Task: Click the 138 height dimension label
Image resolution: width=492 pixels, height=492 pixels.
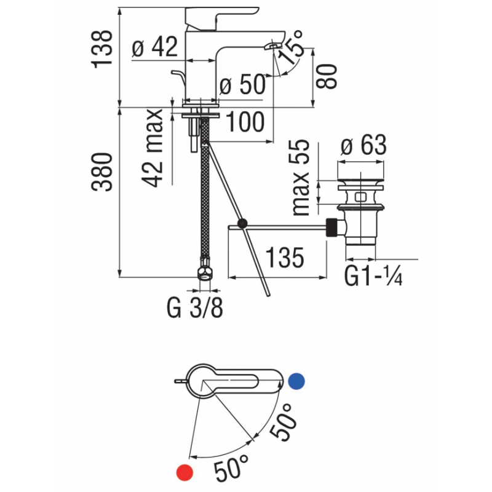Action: click(x=104, y=48)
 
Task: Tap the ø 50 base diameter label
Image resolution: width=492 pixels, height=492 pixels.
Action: click(x=242, y=85)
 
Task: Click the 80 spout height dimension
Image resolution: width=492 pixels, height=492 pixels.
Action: click(x=330, y=76)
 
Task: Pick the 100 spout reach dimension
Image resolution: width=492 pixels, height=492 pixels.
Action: click(x=245, y=124)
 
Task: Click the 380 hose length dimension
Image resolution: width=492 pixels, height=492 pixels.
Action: click(x=104, y=172)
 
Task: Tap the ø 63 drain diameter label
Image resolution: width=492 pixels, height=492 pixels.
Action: click(x=363, y=146)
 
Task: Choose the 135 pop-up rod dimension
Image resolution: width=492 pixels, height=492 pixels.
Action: click(x=285, y=258)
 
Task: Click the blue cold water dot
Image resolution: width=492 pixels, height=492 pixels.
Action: click(x=296, y=381)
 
